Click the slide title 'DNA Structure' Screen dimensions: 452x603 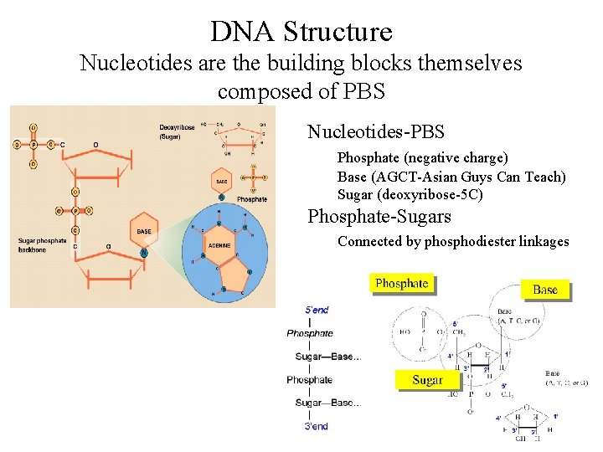tap(301, 32)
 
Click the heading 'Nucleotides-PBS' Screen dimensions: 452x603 tap(375, 132)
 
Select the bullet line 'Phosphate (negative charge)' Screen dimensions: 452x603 tap(422, 157)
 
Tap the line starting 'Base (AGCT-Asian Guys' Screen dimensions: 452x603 tap(451, 177)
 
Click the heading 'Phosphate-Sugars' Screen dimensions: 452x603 tap(379, 217)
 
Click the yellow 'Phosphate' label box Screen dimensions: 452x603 tap(402, 284)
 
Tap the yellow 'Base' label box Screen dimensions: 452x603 tap(544, 290)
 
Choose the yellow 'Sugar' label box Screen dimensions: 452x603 tap(427, 380)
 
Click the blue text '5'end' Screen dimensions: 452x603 tap(317, 310)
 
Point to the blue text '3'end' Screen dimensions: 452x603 tap(317, 426)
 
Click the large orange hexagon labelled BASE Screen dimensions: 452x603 tap(143, 230)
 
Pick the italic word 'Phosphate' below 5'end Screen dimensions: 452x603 tap(310, 333)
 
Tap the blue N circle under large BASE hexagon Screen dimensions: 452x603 tap(145, 253)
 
